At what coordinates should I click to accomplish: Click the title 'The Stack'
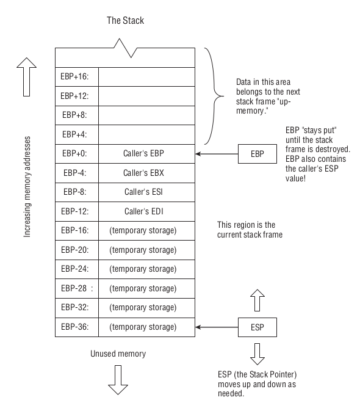pos(125,21)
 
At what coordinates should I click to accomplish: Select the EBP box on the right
pos(257,154)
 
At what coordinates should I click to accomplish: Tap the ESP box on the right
pos(257,327)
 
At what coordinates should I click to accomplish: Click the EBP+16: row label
pos(76,77)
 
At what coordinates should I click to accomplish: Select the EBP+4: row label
pos(76,134)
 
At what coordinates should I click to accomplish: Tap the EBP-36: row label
pos(76,327)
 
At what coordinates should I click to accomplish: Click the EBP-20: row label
pos(76,250)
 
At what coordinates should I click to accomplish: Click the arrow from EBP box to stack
pos(217,154)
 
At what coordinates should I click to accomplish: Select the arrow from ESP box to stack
pos(217,327)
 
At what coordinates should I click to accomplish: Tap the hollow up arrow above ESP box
pos(257,300)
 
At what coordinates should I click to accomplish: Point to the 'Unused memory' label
pos(118,354)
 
